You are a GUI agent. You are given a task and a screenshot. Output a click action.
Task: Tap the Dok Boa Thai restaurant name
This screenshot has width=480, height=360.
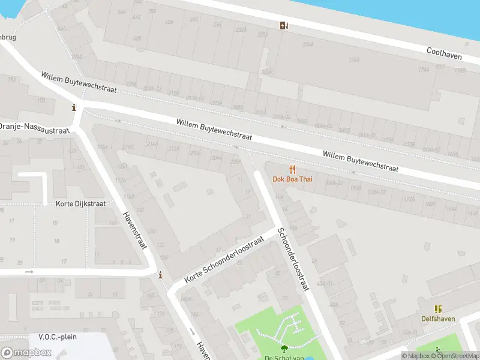(292, 179)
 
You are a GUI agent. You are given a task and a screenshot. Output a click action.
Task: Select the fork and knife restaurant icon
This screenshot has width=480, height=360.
(292, 169)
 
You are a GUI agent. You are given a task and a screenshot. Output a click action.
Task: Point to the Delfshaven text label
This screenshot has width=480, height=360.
(437, 319)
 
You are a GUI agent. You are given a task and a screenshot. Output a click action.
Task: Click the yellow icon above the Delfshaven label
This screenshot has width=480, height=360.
(438, 309)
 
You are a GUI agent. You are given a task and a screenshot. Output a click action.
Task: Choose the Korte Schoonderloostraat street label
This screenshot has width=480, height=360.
(224, 259)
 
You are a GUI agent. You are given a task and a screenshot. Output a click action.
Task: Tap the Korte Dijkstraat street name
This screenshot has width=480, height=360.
(80, 204)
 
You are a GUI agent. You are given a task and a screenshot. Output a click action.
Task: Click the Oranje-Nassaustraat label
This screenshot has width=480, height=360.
(34, 128)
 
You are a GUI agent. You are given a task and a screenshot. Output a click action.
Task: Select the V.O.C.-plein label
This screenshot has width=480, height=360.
(58, 337)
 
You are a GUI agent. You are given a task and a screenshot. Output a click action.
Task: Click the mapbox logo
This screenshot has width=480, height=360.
(26, 352)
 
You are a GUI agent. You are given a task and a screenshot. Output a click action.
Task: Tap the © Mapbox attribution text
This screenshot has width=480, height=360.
(416, 356)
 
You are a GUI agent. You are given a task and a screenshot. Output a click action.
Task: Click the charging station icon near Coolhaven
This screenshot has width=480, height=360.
(283, 25)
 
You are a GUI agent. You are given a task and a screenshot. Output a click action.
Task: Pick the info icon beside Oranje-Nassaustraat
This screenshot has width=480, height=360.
(74, 108)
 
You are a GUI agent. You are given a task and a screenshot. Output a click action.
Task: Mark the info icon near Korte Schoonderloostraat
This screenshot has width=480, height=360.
(160, 275)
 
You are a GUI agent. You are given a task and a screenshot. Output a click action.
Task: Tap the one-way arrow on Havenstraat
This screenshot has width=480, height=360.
(192, 331)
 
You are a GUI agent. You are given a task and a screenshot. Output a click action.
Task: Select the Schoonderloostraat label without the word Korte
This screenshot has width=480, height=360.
(293, 259)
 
